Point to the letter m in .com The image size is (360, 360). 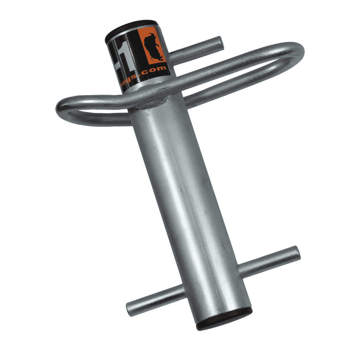click(x=161, y=68)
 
